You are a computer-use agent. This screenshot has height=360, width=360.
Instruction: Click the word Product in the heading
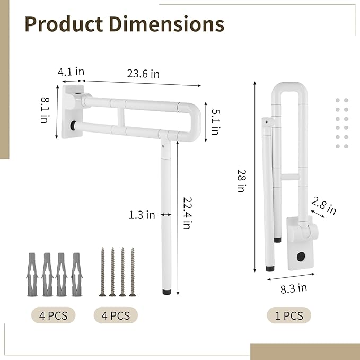[x=64, y=24]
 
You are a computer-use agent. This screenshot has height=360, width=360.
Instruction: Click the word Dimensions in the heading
[x=166, y=24]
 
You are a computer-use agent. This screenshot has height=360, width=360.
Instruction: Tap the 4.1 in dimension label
[x=71, y=72]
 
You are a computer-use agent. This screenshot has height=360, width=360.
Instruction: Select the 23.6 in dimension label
[x=143, y=74]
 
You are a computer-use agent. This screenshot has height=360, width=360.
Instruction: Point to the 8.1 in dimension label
[x=45, y=110]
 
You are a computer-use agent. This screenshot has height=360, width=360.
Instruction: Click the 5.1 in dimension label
[x=216, y=121]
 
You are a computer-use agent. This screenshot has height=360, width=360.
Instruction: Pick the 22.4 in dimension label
[x=187, y=213]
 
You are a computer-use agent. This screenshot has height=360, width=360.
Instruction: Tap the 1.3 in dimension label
[x=142, y=215]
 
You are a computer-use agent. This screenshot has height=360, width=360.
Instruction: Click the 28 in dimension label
[x=242, y=180]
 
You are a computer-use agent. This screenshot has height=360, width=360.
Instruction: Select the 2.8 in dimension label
[x=324, y=206]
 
